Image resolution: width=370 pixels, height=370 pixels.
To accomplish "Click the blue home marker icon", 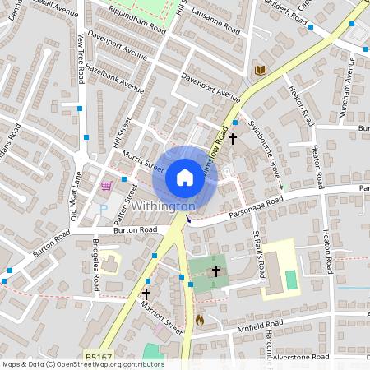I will click(185, 177).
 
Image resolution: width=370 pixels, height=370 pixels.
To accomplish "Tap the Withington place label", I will click(163, 206).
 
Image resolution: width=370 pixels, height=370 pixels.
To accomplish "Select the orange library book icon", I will click(261, 72).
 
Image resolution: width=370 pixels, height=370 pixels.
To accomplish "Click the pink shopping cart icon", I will click(106, 186).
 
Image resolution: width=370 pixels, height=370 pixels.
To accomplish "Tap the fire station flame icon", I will click(199, 318).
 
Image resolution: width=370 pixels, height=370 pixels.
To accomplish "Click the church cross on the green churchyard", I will click(216, 271).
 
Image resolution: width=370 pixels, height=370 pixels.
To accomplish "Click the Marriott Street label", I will click(160, 314).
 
